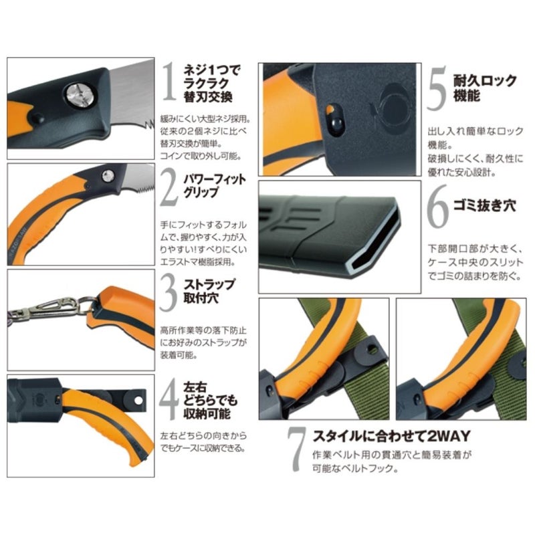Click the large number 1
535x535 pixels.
[169, 82]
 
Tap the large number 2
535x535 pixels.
[169, 188]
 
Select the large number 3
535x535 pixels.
[169, 293]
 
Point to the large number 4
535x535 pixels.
[169, 399]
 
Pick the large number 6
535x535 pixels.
[437, 207]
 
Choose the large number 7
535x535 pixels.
[296, 449]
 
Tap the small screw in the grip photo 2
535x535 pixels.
[108, 176]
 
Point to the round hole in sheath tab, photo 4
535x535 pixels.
[138, 400]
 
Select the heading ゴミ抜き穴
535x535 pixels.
[484, 206]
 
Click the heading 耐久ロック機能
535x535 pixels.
[484, 88]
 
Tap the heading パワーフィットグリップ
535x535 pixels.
[214, 186]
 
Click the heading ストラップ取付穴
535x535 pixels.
[209, 292]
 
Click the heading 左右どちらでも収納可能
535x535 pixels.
[210, 401]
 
